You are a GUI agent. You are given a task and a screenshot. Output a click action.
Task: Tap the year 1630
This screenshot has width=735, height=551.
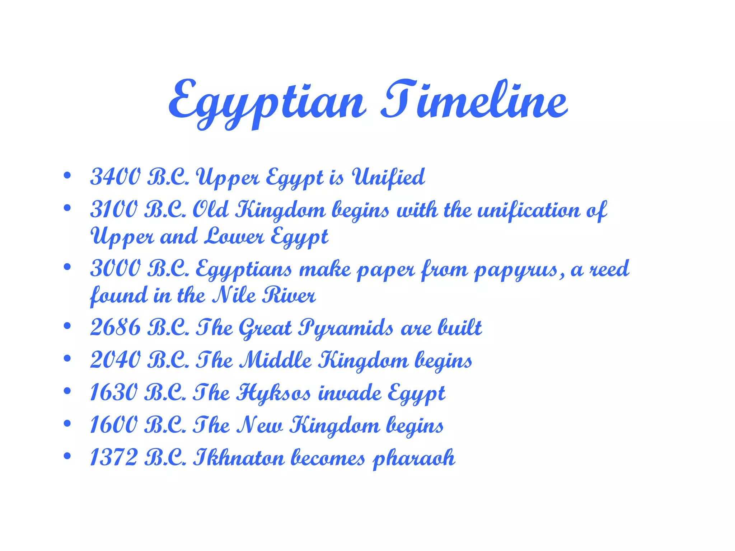coord(113,392)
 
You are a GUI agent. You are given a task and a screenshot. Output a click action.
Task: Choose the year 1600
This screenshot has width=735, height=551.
coord(113,425)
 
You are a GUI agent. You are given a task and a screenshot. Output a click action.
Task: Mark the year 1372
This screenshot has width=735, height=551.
coord(113,458)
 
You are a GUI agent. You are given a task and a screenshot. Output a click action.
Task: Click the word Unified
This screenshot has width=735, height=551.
coord(388,177)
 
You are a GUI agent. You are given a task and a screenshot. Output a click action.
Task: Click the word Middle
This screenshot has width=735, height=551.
coord(276,360)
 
